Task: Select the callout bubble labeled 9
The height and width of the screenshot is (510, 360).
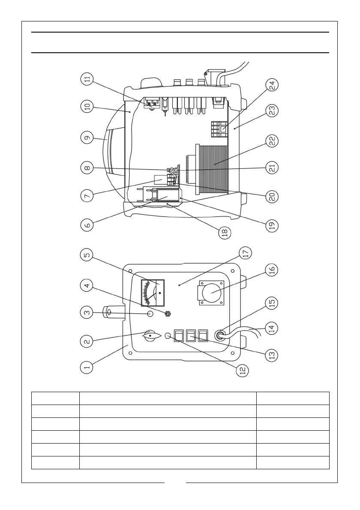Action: tap(87, 138)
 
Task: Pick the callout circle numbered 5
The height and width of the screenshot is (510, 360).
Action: tap(87, 255)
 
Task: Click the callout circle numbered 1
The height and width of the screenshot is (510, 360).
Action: tap(87, 366)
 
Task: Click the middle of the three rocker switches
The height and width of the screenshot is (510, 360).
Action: tap(191, 335)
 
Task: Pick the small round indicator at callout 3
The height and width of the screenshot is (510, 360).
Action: tap(150, 314)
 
